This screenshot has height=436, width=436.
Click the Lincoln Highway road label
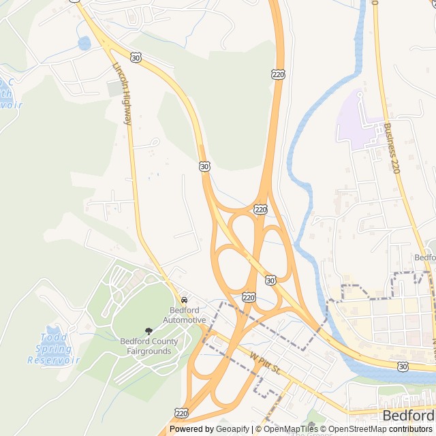click(x=122, y=93)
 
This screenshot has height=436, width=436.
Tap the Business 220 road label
click(x=390, y=147)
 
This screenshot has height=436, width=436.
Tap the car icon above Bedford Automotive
click(x=184, y=300)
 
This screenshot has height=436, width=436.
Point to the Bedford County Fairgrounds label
click(x=149, y=346)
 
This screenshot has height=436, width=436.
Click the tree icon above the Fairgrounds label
click(x=149, y=331)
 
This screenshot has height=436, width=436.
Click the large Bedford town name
click(x=408, y=416)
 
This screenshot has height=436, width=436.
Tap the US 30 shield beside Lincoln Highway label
click(x=137, y=59)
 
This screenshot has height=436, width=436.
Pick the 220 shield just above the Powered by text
click(x=181, y=413)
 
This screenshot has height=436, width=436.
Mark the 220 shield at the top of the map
click(x=278, y=73)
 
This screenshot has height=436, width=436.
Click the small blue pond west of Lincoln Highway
click(x=84, y=44)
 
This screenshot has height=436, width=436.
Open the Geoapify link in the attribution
click(x=233, y=429)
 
